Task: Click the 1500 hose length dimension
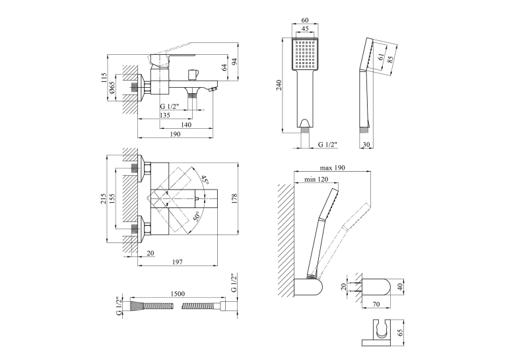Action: pos(177,293)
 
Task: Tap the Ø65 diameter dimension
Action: pos(112,87)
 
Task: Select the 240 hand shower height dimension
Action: pos(279,85)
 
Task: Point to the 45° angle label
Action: pos(205,180)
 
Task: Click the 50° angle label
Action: pos(197,216)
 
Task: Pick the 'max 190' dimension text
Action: pos(332,168)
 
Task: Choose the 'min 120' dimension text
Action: pos(316,179)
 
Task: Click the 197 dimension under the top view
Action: pos(177,262)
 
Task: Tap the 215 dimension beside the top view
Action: pos(103,199)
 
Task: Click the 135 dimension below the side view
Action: pos(164,115)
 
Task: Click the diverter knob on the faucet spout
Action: pos(193,75)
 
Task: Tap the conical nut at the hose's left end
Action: pos(136,305)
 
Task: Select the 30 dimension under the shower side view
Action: pos(366,145)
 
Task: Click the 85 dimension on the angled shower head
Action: pos(391,59)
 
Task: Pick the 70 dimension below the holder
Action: pos(376,304)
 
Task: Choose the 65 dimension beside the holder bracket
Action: pos(400,333)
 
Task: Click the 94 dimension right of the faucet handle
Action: pos(234,61)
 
